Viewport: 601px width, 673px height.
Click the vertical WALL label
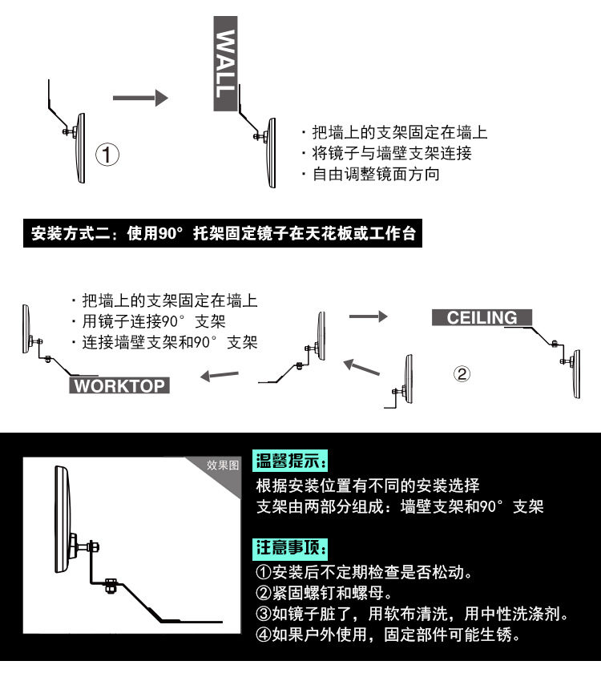[226, 64]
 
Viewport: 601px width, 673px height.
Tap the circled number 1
[108, 154]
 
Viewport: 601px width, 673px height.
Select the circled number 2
[462, 373]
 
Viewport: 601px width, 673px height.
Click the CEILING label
[482, 317]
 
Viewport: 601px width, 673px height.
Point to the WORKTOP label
[119, 386]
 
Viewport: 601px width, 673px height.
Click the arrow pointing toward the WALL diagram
[139, 98]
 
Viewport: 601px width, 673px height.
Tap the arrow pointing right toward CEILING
[368, 316]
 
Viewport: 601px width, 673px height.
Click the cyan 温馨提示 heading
[289, 461]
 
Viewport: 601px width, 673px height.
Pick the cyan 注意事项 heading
[289, 548]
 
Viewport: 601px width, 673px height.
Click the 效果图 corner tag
[222, 465]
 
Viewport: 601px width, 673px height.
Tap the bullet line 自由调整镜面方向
[375, 173]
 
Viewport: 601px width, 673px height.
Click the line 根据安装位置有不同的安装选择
[368, 486]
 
